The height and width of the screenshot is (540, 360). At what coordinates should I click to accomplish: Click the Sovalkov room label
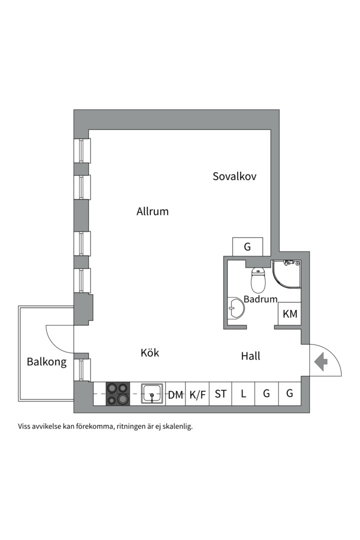tap(234, 176)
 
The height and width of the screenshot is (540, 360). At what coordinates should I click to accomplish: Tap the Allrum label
tap(152, 211)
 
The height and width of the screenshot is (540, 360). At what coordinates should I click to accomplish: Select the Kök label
tap(150, 352)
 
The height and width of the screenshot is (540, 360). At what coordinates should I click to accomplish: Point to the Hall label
tap(250, 356)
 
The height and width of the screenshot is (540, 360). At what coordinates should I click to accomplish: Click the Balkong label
tap(46, 362)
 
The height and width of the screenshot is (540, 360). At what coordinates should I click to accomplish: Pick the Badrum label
tap(260, 298)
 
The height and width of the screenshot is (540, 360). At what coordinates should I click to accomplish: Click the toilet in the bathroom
tap(258, 279)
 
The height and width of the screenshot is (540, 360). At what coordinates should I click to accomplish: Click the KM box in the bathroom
tap(289, 313)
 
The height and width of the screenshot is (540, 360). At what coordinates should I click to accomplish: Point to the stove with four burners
tap(118, 393)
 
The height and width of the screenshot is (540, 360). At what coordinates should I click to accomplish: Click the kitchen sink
tap(152, 394)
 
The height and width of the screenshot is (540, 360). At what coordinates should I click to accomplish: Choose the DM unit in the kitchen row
tap(175, 393)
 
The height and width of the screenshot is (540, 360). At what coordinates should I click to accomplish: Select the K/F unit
tap(197, 393)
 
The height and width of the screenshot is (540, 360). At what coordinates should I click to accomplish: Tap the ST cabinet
tap(220, 393)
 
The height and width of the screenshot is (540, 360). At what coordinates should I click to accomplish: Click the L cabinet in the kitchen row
tap(243, 393)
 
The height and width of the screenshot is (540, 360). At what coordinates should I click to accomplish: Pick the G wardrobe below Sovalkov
tap(247, 246)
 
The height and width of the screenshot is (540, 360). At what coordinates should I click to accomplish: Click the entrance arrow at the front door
tap(321, 362)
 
